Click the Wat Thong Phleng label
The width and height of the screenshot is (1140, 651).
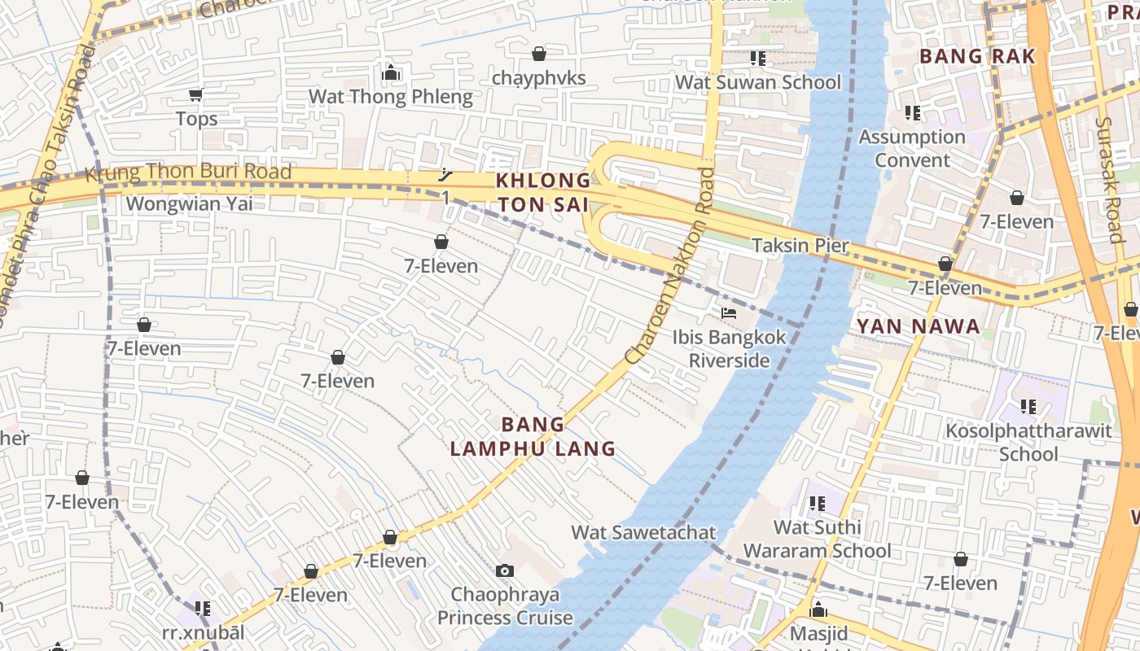[390, 98]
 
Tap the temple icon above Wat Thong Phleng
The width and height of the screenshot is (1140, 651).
[391, 73]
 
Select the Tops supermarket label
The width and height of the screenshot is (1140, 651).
[197, 119]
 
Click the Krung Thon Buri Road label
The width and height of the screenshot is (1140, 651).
[188, 173]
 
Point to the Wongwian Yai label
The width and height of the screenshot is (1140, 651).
[189, 203]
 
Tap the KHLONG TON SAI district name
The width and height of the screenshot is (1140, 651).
[544, 192]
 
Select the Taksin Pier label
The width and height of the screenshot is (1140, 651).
[800, 246]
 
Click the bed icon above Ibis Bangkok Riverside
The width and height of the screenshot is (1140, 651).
[729, 312]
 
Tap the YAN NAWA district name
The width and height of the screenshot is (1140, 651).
[918, 327]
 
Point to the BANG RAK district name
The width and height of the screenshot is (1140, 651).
[977, 56]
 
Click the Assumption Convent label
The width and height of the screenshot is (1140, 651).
[912, 148]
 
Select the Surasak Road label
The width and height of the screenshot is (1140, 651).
[1110, 179]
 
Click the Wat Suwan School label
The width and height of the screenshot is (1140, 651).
[758, 82]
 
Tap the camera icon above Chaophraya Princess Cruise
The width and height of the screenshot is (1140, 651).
[505, 570]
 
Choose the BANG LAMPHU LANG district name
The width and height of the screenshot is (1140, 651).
[533, 436]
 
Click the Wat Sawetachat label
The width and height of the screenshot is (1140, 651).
[643, 533]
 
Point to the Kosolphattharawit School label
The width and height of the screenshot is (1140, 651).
[1028, 442]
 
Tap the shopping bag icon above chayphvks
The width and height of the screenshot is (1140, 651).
[538, 55]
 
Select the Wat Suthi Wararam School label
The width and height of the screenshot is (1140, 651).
[817, 539]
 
